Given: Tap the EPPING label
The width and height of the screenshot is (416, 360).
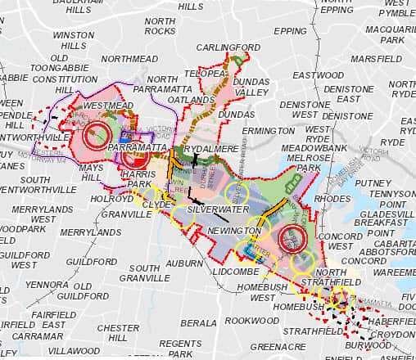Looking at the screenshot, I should (x=290, y=31).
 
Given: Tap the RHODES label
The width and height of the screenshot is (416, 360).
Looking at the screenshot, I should (x=332, y=197).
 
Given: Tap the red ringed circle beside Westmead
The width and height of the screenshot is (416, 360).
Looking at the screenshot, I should (x=99, y=137).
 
